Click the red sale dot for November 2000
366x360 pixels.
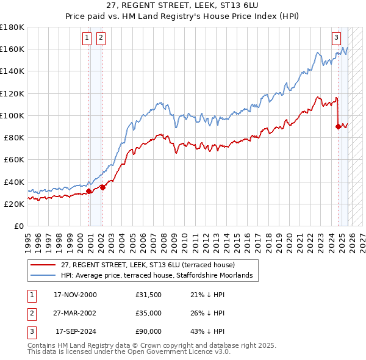click(x=89, y=191)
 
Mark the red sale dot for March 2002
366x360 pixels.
click(x=102, y=187)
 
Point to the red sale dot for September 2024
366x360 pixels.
click(x=338, y=126)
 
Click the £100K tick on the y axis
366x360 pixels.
click(x=12, y=115)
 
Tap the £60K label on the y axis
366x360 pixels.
click(x=14, y=160)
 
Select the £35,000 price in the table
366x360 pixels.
click(x=148, y=313)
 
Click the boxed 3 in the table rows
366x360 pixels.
click(x=30, y=332)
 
